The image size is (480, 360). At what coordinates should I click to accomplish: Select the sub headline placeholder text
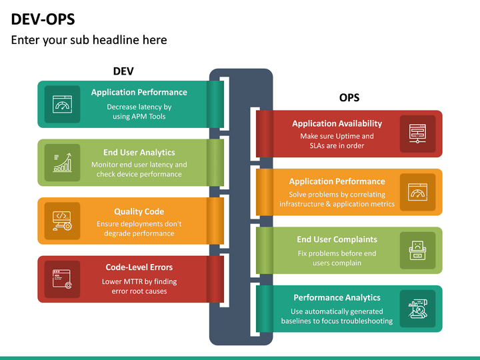pos(89,40)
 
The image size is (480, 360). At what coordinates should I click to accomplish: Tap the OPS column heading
pos(349,97)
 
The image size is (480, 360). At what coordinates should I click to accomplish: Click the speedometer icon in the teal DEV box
pos(62,105)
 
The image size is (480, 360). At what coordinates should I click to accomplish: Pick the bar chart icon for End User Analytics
pos(62,163)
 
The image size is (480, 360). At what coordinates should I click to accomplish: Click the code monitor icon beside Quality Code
pos(62,221)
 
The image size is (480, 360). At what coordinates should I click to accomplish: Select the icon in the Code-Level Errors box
pos(62,279)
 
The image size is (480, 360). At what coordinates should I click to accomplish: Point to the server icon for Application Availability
pos(417,133)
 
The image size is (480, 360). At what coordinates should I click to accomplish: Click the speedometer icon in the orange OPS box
pos(417,192)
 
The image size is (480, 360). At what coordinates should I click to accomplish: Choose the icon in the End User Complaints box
pos(417,250)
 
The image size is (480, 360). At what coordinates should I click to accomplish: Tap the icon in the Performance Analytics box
pos(417,308)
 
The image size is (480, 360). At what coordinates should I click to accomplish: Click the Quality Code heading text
pos(139,211)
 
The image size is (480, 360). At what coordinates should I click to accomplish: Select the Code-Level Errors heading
pos(139,267)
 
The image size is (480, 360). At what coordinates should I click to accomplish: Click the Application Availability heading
pos(337,123)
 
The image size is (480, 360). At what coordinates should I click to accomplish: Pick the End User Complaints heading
pos(337,239)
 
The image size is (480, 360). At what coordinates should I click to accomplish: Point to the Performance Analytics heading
pos(337,297)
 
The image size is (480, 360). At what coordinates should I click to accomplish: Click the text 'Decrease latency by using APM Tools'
pos(139,111)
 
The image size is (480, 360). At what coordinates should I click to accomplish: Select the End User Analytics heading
pos(139,153)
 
